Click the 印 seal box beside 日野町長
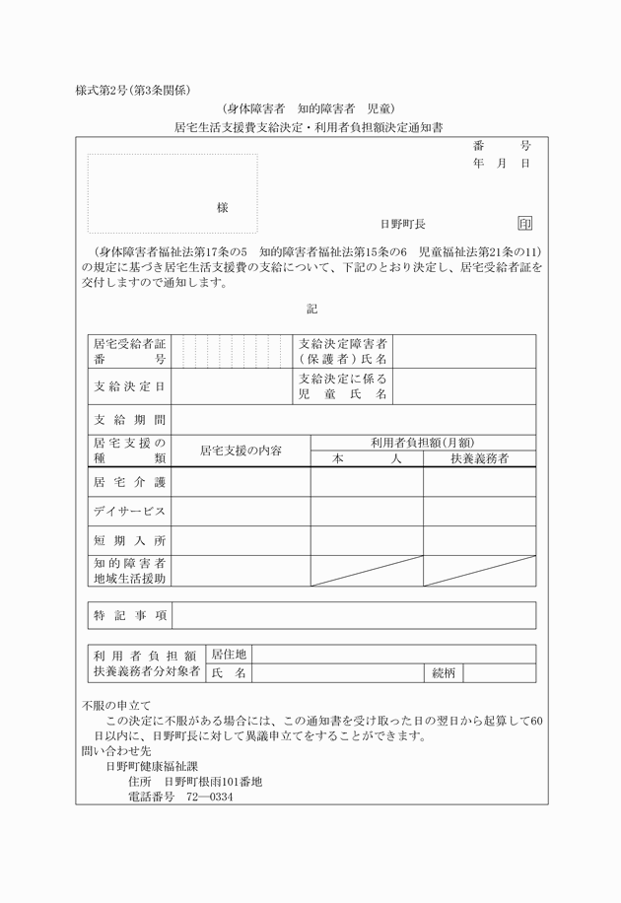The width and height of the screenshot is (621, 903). click(524, 224)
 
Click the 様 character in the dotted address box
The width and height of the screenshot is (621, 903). click(223, 208)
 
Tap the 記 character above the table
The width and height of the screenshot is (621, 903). click(311, 309)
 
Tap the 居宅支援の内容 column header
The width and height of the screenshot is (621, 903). click(241, 451)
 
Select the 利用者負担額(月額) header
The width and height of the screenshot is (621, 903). click(423, 443)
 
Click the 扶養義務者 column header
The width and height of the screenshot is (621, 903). click(479, 458)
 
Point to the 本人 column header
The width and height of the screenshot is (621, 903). click(367, 458)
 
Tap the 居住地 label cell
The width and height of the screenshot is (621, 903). click(228, 654)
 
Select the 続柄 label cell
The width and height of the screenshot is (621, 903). click(444, 673)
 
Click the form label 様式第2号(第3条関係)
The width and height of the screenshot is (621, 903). click(132, 89)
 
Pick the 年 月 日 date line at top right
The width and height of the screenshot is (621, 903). click(501, 163)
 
